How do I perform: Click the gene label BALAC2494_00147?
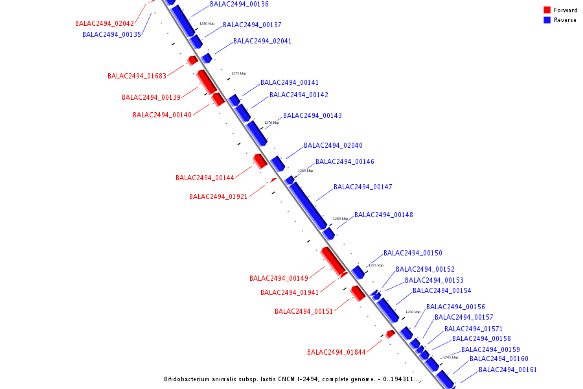[x=363, y=187]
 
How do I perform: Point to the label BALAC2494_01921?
[x=218, y=197]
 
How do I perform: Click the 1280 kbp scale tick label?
[x=207, y=23]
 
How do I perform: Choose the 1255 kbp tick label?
[x=376, y=265]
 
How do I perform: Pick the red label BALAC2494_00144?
[x=205, y=178]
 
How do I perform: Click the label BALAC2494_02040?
[x=333, y=146]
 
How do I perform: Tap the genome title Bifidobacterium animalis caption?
[x=292, y=379]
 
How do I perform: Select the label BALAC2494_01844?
[x=336, y=353]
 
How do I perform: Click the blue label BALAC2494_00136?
[x=239, y=5]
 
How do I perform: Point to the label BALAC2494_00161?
[x=508, y=370]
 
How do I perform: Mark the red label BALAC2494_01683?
[x=137, y=77]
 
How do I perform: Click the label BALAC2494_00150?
[x=413, y=253]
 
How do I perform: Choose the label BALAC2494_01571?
[x=474, y=329]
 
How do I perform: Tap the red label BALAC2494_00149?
[x=279, y=279]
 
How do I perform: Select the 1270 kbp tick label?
[x=271, y=123]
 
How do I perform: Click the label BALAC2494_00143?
[x=312, y=116]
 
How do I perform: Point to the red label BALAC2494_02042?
[x=104, y=23]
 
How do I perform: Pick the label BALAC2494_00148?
[x=383, y=215]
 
